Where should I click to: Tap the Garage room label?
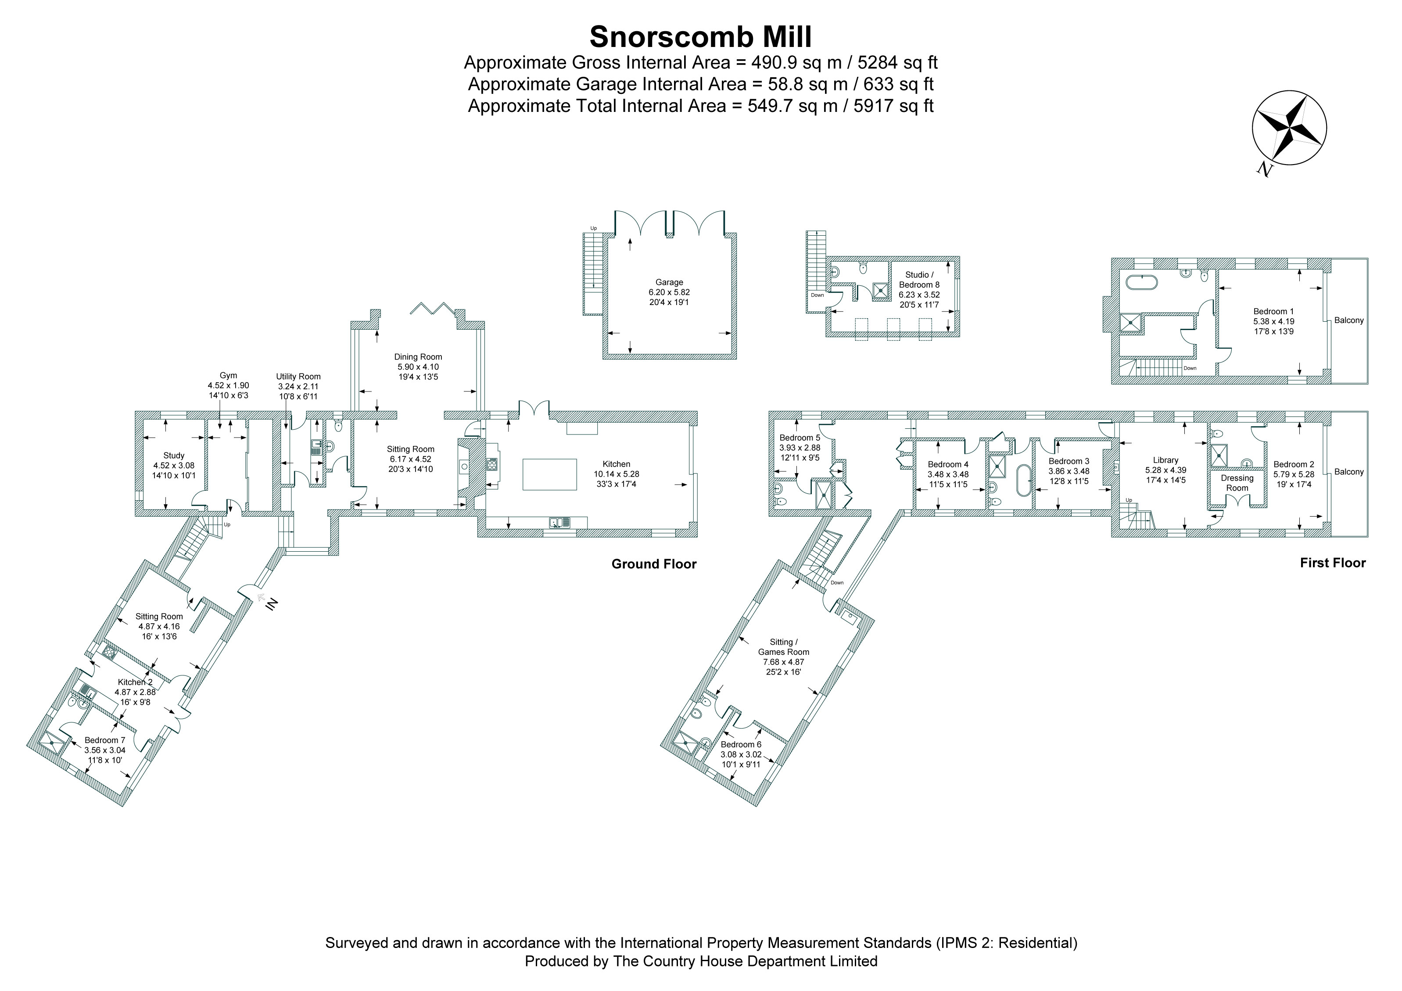[x=669, y=282]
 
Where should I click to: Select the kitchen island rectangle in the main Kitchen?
[x=549, y=474]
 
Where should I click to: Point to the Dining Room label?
[x=418, y=356]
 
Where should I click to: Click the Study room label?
[x=174, y=456]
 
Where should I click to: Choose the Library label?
[x=1165, y=460]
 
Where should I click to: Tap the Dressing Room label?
[x=1237, y=483]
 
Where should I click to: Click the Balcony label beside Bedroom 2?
[x=1349, y=471]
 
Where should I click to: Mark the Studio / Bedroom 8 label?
[x=919, y=280]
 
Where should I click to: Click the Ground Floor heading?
[x=654, y=564]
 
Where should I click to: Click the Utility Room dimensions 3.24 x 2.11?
[x=298, y=387]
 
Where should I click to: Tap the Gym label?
[x=228, y=376]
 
